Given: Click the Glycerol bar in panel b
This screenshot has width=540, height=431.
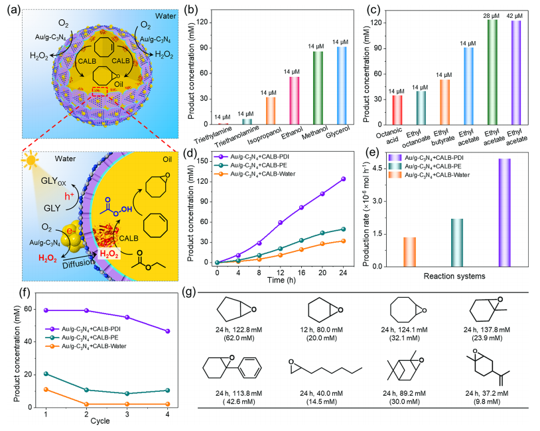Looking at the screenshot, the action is (342, 86).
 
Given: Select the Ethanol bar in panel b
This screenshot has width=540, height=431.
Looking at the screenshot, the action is (294, 101).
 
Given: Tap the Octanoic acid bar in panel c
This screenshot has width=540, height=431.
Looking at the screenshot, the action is (397, 110).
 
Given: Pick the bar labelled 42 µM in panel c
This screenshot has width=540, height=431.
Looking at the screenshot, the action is (516, 73).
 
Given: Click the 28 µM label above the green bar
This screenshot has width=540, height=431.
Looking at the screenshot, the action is (491, 16).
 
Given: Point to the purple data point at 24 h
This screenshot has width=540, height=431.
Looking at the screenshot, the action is (344, 179).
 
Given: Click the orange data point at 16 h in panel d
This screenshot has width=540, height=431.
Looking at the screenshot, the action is (301, 249).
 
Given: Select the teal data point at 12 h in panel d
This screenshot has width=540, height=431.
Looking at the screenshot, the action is (281, 249).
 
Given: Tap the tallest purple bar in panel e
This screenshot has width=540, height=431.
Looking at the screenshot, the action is (505, 213).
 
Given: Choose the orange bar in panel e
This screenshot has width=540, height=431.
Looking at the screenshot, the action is (409, 252).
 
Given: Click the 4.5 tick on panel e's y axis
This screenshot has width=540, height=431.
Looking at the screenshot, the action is (377, 168).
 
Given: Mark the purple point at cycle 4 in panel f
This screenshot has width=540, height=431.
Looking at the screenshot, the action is (168, 331).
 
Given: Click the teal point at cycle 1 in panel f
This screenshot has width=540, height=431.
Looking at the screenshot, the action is (46, 374).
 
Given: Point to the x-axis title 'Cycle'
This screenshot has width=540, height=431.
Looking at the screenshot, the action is (100, 421).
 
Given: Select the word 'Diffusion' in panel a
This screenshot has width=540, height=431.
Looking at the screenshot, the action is (78, 264).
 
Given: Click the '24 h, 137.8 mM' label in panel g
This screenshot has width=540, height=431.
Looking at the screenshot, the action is (487, 330).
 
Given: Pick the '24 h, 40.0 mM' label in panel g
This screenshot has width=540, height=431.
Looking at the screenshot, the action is (321, 393).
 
